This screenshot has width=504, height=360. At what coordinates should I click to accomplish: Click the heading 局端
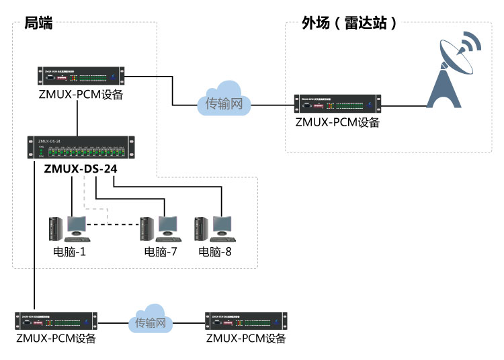coord(38,24)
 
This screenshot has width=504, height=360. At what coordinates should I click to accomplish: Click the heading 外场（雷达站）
coord(349,24)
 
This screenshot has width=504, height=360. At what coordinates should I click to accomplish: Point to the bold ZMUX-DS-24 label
coord(81,169)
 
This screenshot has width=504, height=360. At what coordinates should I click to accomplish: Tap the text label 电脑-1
coord(70,253)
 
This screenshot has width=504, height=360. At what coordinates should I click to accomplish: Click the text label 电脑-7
coord(161,253)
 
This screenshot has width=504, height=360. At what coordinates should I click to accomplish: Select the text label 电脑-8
coord(215,253)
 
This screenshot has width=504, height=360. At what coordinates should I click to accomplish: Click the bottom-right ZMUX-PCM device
coord(246,321)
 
